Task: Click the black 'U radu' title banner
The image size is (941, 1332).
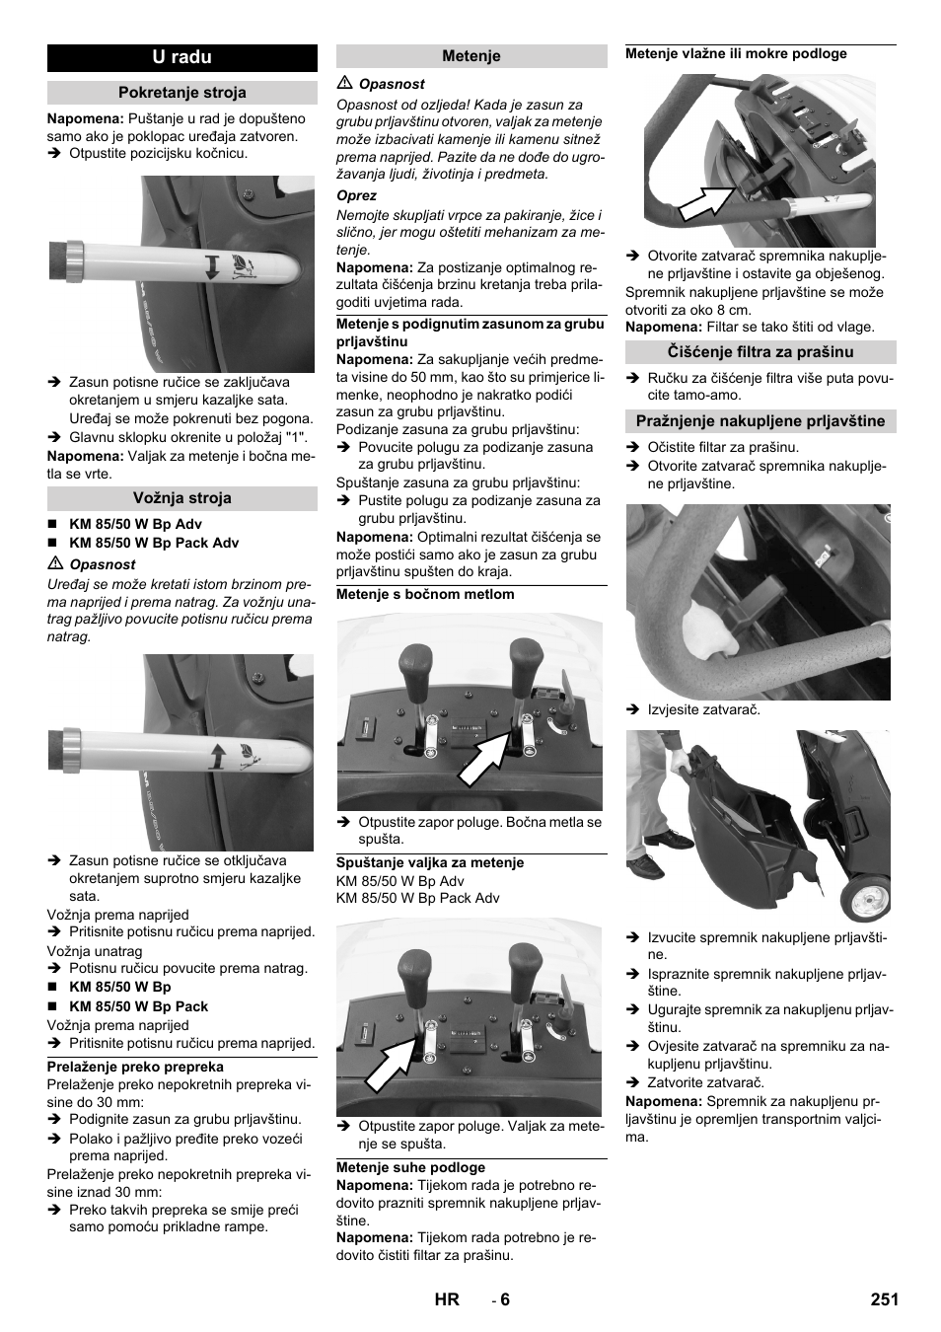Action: [181, 57]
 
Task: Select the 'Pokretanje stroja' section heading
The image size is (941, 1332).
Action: [181, 93]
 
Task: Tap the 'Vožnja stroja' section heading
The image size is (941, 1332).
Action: [181, 498]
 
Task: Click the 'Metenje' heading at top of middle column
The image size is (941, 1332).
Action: [471, 56]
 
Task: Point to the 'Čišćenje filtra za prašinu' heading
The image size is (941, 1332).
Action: [760, 352]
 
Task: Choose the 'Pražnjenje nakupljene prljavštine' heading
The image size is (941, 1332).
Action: [760, 421]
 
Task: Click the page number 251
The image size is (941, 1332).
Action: [885, 1299]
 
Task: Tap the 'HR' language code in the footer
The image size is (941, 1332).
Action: [447, 1299]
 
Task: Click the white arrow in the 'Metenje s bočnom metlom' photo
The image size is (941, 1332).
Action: [484, 759]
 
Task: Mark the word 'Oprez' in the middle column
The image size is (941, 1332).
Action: [357, 195]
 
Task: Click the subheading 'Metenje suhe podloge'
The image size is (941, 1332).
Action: [410, 1167]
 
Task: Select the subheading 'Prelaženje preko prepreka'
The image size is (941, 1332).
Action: [135, 1067]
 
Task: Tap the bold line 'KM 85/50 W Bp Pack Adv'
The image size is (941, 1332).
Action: [154, 543]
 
